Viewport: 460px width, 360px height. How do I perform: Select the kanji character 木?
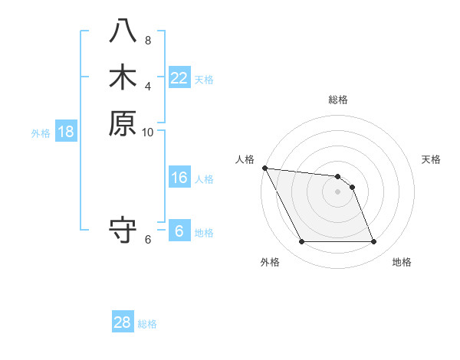123,77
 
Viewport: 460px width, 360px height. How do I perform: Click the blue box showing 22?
179,77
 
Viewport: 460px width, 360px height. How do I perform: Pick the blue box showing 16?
179,178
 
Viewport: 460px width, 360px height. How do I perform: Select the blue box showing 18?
66,132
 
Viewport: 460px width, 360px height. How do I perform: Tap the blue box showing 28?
123,322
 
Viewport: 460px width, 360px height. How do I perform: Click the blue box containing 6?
179,231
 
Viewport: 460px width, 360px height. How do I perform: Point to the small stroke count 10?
148,133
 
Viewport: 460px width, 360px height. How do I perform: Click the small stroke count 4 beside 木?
148,86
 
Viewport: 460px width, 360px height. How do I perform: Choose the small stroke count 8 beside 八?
148,41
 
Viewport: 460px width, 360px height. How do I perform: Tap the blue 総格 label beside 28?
147,324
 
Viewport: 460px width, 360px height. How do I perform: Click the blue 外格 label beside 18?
41,133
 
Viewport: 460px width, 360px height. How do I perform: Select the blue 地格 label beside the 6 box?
204,233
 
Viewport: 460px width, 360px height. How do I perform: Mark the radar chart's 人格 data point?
264,168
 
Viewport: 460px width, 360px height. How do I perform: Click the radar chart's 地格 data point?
373,242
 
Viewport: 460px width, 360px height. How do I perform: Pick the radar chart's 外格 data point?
301,242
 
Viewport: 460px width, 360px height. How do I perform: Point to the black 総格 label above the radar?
338,100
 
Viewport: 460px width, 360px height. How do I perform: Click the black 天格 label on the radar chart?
431,159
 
